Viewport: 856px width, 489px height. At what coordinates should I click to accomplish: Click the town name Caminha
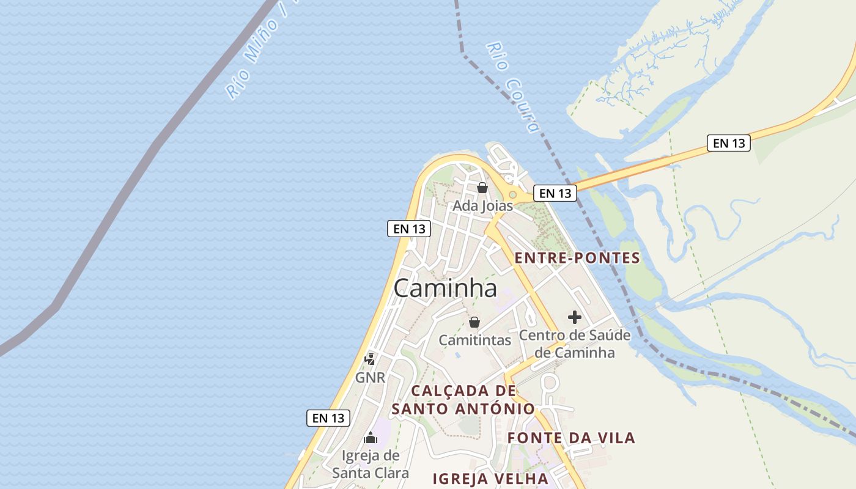click(x=445, y=288)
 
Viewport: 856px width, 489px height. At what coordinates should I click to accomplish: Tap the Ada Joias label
click(x=482, y=206)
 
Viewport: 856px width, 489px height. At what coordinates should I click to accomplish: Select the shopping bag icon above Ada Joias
click(x=482, y=188)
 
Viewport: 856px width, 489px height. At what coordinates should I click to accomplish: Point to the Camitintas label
click(x=474, y=340)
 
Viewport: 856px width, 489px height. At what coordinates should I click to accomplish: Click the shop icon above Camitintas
click(x=474, y=322)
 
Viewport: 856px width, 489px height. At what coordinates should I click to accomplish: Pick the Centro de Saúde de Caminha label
click(x=574, y=344)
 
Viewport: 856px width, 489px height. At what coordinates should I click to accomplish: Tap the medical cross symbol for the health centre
click(x=574, y=317)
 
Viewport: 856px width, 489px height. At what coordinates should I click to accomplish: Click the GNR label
click(x=370, y=378)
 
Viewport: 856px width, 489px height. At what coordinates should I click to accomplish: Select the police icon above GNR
click(x=370, y=359)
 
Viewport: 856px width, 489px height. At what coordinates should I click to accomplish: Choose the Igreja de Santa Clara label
click(x=371, y=464)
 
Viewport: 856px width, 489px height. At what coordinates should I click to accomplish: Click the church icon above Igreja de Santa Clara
click(x=371, y=438)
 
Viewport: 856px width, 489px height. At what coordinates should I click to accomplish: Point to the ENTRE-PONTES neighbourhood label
click(x=577, y=258)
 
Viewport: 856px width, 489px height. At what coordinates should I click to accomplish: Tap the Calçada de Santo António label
click(x=463, y=400)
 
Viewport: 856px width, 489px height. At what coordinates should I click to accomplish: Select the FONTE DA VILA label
click(x=571, y=438)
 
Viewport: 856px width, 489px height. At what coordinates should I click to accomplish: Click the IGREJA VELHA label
click(x=490, y=479)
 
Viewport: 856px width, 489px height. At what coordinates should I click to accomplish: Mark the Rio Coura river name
click(x=514, y=87)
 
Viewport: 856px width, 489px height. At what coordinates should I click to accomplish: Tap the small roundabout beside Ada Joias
click(x=512, y=195)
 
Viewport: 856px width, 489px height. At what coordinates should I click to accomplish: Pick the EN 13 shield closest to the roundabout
click(x=555, y=193)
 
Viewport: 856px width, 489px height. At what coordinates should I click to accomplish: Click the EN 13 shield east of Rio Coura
click(x=728, y=143)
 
